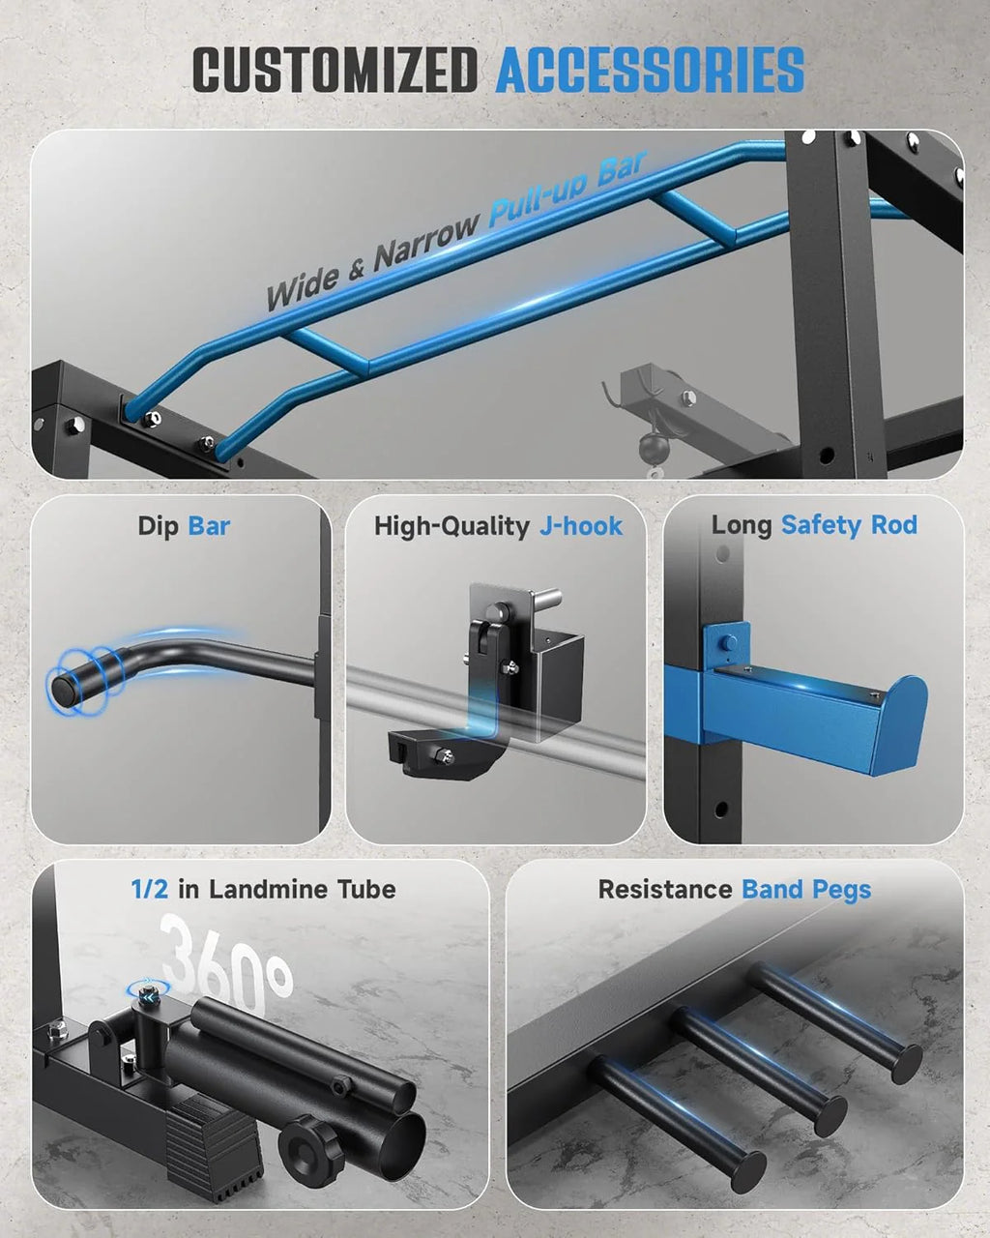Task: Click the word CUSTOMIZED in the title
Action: click(x=335, y=71)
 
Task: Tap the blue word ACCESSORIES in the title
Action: click(x=650, y=71)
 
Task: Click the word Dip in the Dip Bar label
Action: click(x=159, y=526)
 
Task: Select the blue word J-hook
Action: click(x=581, y=526)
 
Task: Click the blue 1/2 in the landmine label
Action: click(x=150, y=889)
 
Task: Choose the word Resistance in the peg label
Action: click(x=665, y=889)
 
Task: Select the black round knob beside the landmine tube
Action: click(x=311, y=1148)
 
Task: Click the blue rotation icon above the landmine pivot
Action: click(x=149, y=988)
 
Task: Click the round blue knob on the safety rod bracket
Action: click(x=728, y=641)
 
